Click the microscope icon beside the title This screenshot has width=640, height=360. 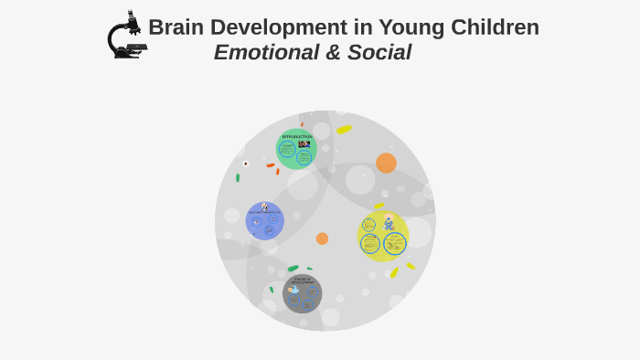[125, 36]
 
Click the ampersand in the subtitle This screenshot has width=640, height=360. [333, 53]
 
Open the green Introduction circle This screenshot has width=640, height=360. [296, 149]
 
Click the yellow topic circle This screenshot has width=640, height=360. [382, 236]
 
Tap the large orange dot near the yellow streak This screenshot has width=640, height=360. [386, 163]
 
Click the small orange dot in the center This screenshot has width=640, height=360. [322, 238]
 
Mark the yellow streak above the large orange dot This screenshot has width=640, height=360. [344, 130]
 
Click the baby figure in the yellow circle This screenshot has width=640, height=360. [389, 222]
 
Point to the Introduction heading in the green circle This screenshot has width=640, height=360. [297, 137]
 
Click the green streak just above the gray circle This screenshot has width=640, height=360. [293, 269]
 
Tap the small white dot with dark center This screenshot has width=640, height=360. [245, 164]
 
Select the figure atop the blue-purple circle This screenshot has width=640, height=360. [264, 207]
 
